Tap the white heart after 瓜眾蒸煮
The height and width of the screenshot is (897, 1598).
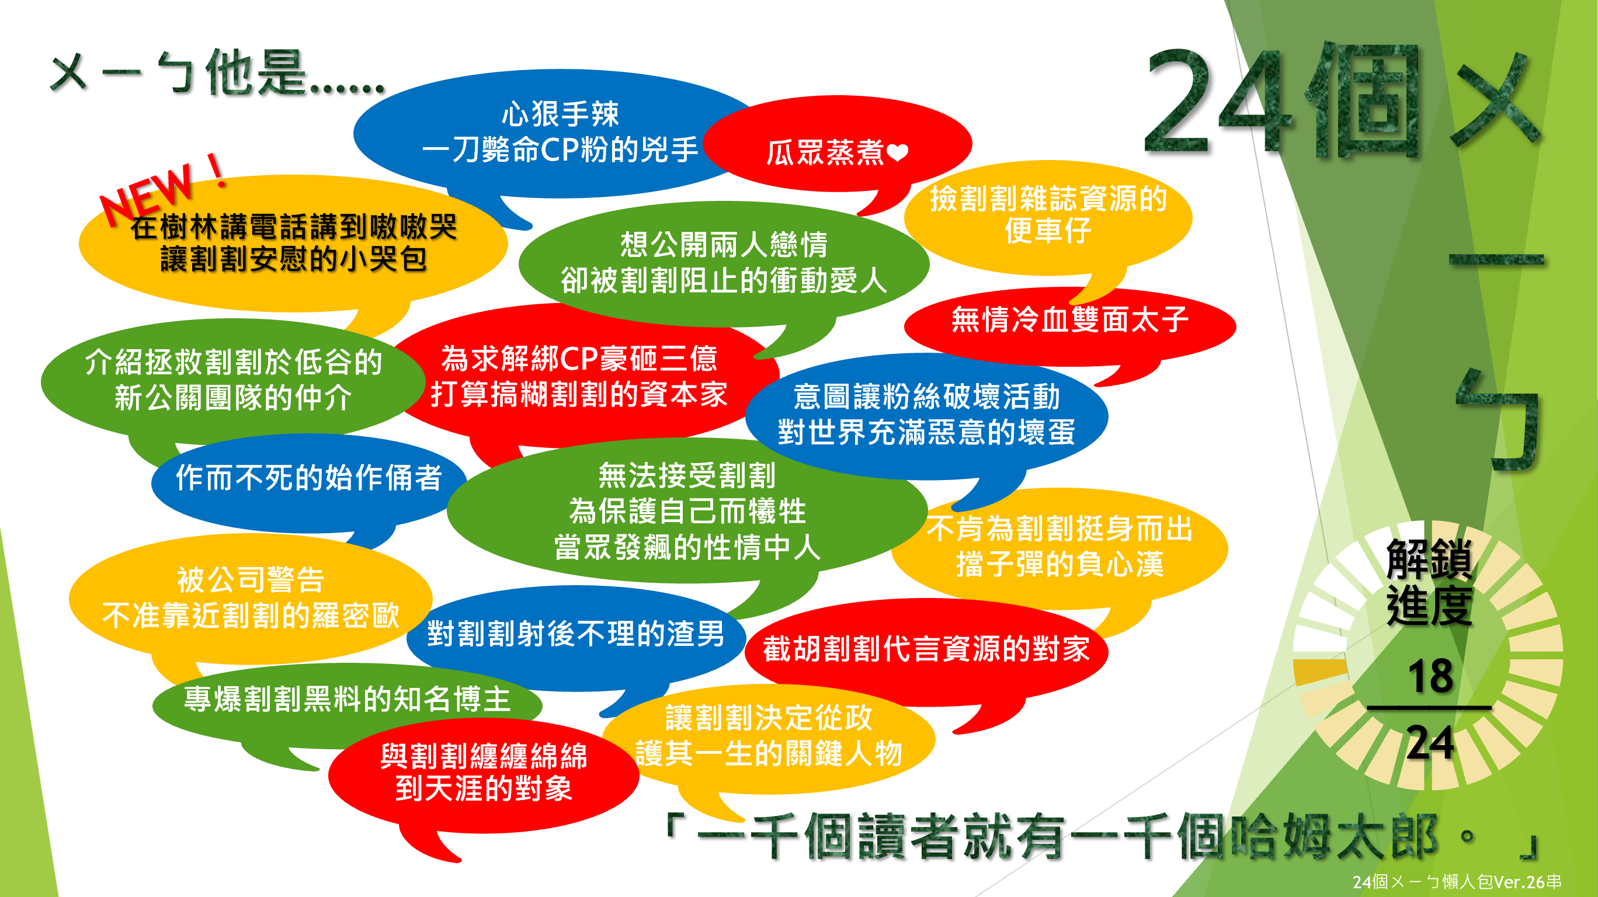pyautogui.click(x=898, y=152)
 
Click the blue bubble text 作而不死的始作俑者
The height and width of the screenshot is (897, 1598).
pyautogui.click(x=308, y=477)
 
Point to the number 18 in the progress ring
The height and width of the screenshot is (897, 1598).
pyautogui.click(x=1430, y=676)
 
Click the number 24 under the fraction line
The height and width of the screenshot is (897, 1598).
pyautogui.click(x=1430, y=743)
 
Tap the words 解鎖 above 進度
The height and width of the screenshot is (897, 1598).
pyautogui.click(x=1429, y=558)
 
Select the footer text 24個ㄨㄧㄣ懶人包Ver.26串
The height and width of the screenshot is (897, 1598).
pyautogui.click(x=1457, y=881)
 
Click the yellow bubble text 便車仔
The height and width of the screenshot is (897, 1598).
pyautogui.click(x=1048, y=230)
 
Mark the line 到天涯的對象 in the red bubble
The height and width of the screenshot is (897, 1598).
pyautogui.click(x=484, y=788)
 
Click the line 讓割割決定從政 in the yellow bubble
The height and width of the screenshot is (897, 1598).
pyautogui.click(x=769, y=718)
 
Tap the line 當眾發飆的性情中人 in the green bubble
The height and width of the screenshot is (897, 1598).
pyautogui.click(x=687, y=547)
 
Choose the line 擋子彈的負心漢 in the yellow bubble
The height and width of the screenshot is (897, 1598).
pyautogui.click(x=1059, y=565)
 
